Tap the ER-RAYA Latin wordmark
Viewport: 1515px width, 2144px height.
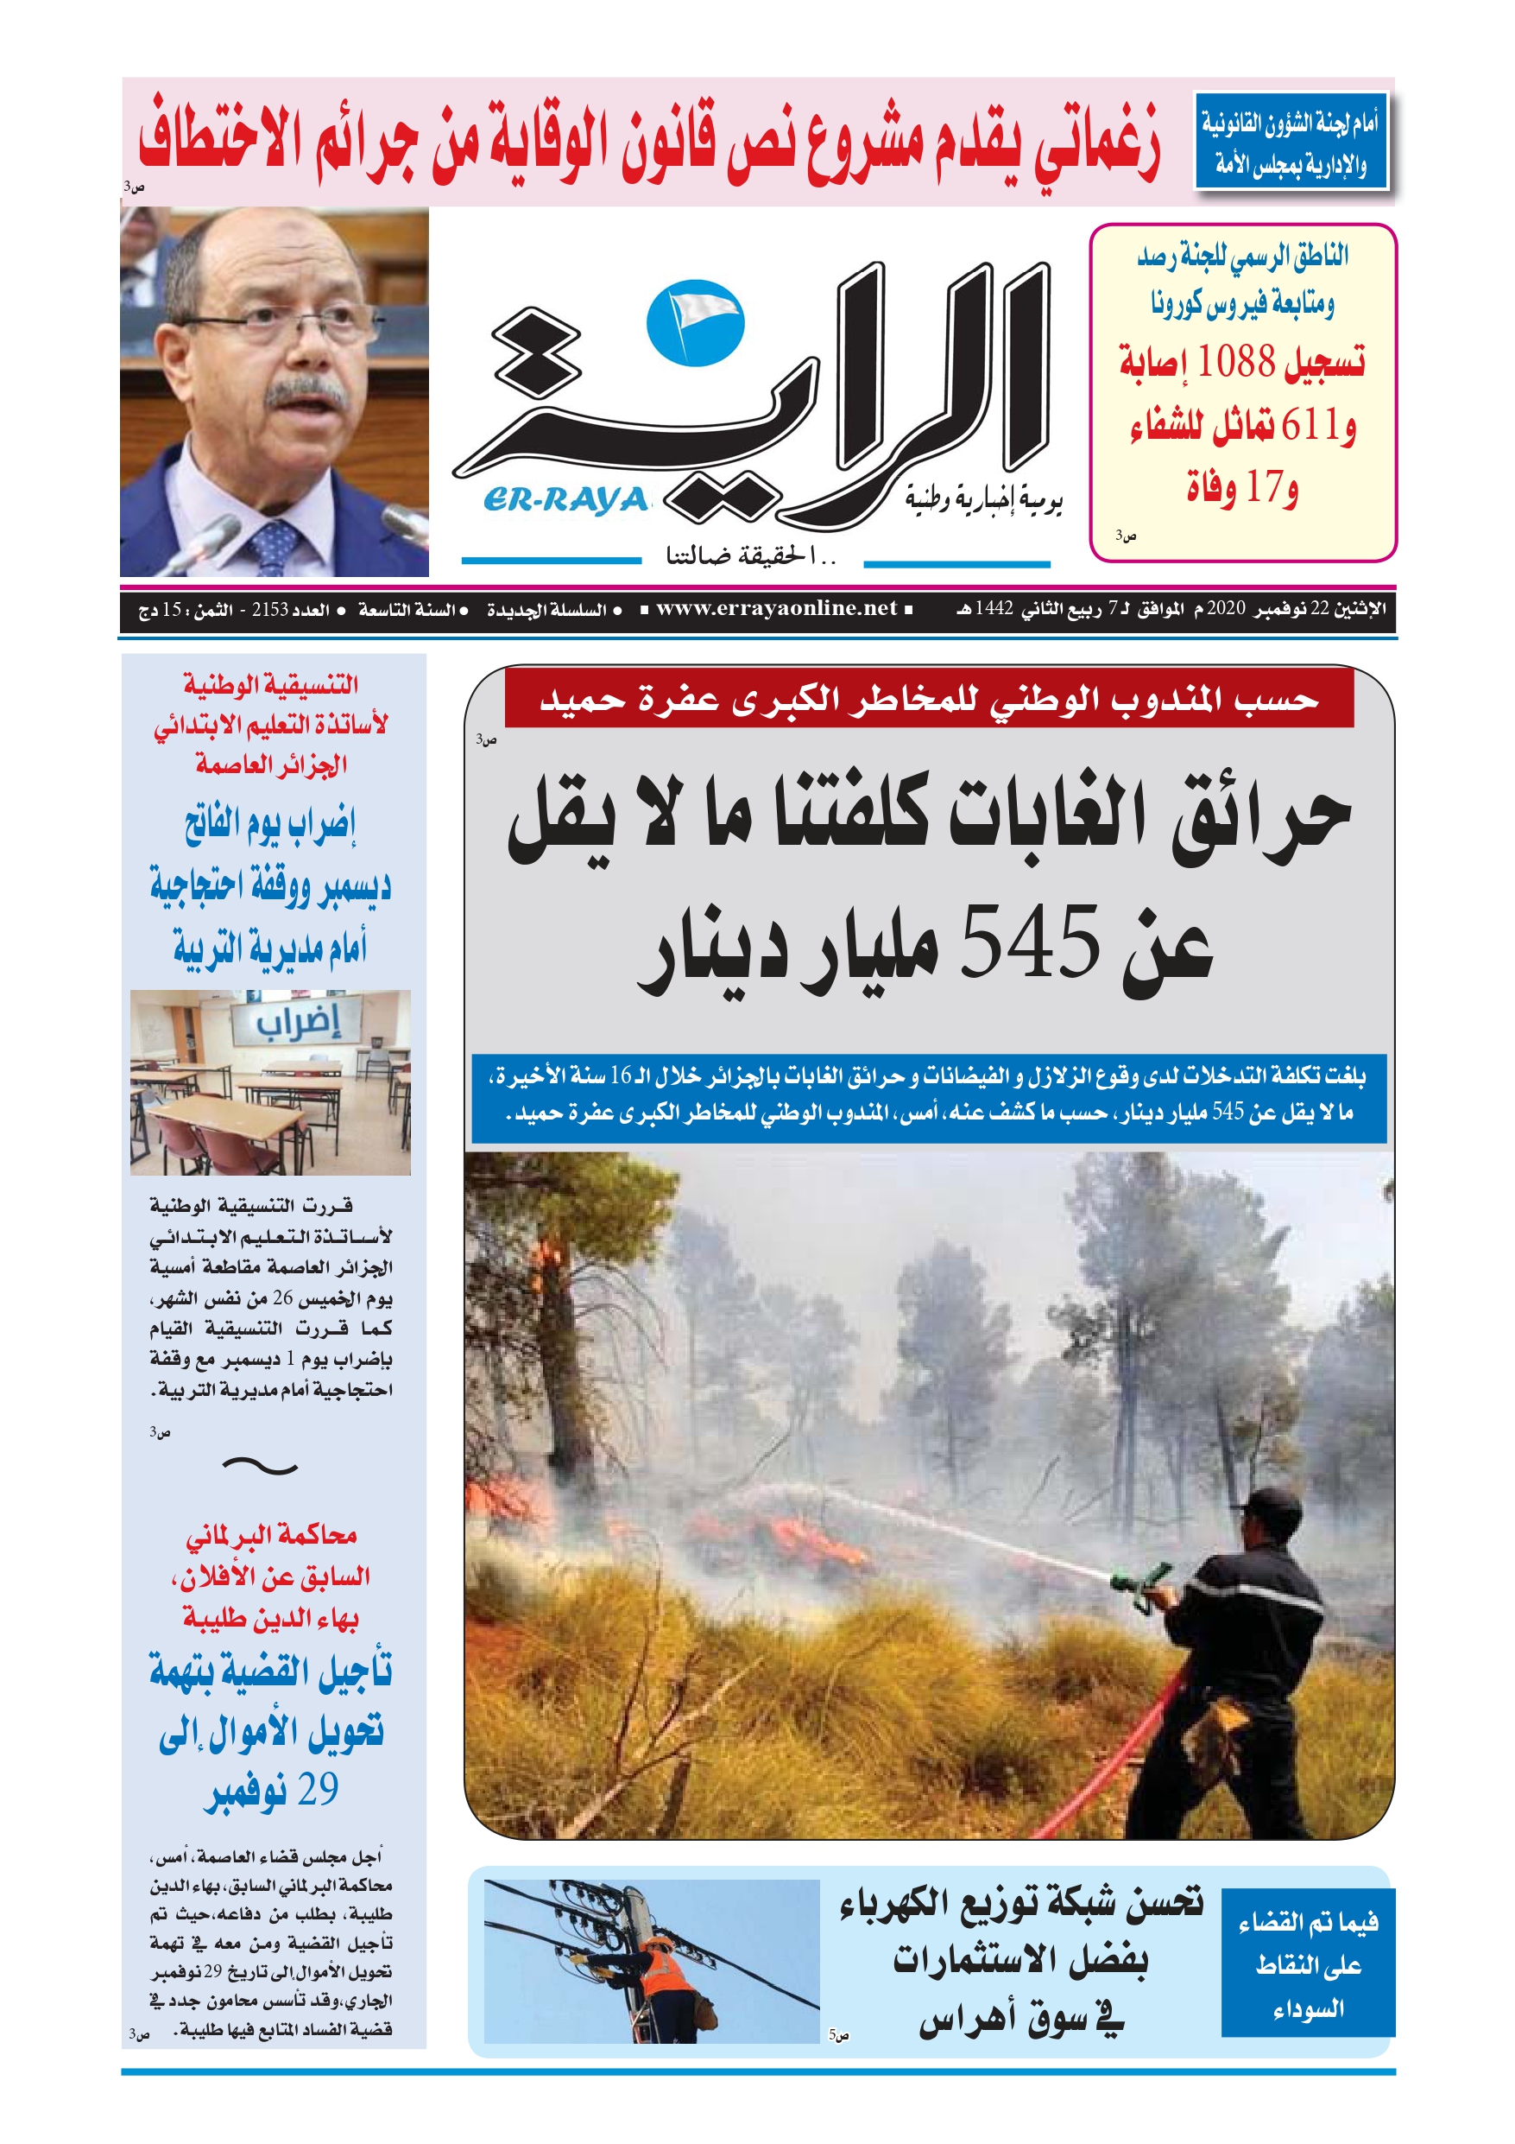(x=565, y=500)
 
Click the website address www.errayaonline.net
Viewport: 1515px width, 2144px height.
(x=776, y=609)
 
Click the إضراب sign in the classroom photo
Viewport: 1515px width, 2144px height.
(x=298, y=1022)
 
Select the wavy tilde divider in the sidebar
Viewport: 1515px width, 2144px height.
(x=261, y=1466)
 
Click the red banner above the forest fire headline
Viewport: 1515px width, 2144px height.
(x=928, y=698)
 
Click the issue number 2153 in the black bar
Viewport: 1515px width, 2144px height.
(x=270, y=610)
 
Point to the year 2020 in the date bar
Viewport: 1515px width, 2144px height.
(x=1226, y=609)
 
